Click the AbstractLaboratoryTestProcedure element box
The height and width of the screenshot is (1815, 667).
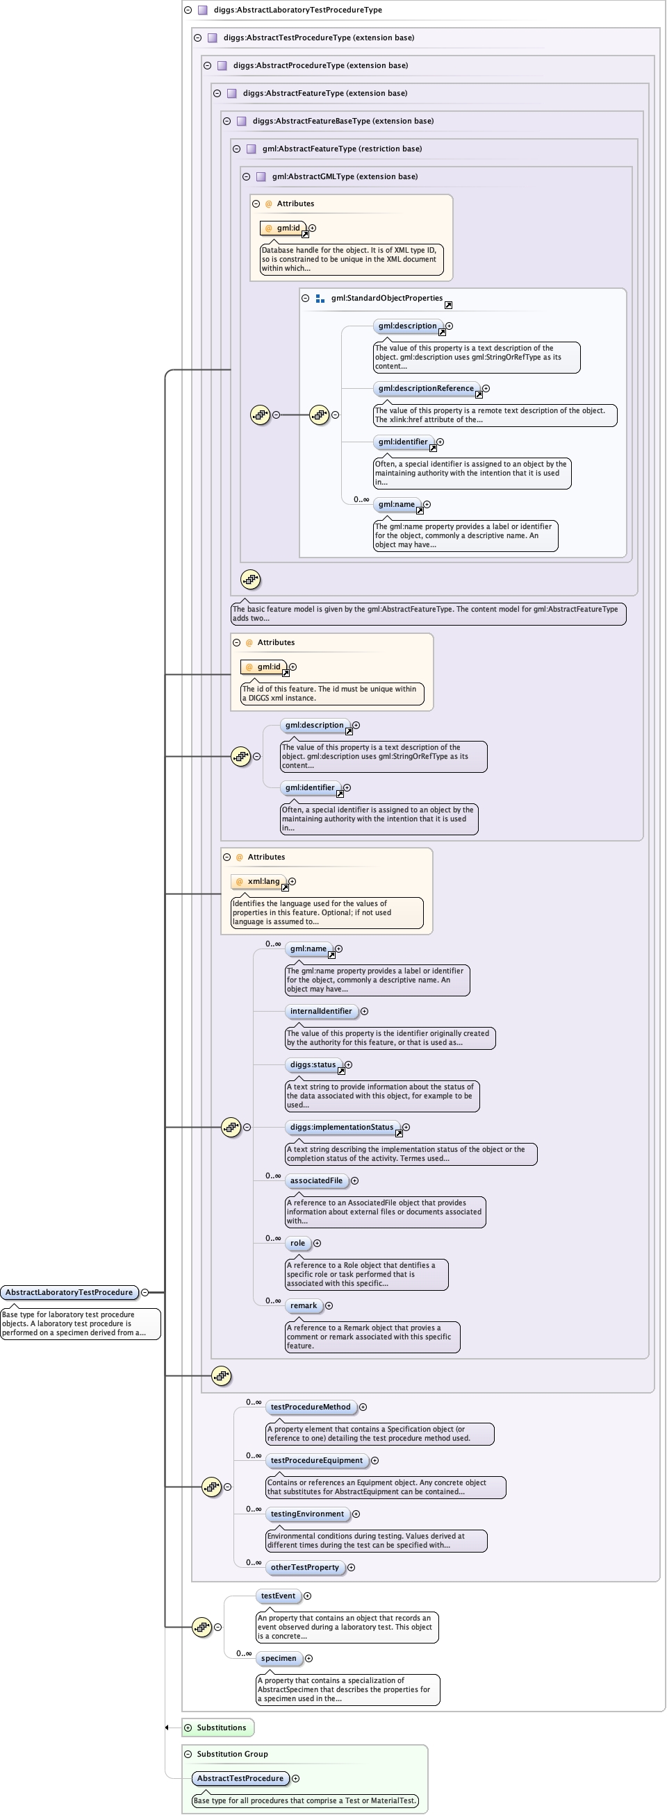coord(69,1292)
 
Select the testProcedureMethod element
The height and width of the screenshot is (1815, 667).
coord(311,1407)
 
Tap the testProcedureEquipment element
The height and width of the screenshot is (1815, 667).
coord(316,1461)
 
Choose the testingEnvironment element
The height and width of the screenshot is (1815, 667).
coord(306,1514)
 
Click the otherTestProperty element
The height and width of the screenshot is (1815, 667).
coord(304,1568)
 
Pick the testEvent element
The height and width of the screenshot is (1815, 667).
coord(278,1596)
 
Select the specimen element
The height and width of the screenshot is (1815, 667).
coord(279,1659)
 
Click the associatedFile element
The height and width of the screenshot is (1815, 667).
coord(316,1181)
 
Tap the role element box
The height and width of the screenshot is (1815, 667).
coord(297,1244)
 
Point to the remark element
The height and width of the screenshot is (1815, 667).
coord(303,1305)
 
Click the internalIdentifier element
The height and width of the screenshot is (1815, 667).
coord(321,1011)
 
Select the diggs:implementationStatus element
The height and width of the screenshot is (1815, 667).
coord(341,1128)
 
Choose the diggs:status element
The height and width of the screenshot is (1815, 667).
coord(313,1064)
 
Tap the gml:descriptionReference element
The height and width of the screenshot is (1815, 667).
coord(426,388)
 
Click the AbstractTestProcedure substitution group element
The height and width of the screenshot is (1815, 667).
coord(240,1778)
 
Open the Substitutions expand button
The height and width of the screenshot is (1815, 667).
coord(188,1728)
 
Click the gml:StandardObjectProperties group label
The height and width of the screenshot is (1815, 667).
coord(386,298)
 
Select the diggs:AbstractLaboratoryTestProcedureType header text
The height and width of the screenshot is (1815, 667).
coord(297,10)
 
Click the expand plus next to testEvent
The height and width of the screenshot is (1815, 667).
coord(307,1596)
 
